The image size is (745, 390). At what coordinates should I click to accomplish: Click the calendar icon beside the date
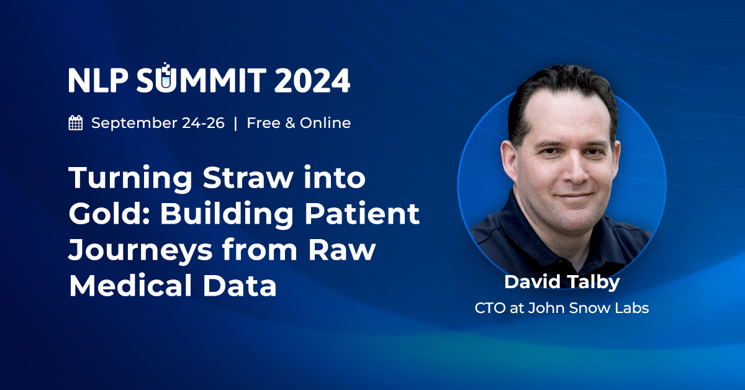click(x=76, y=123)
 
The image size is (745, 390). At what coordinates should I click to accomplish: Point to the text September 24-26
click(x=158, y=123)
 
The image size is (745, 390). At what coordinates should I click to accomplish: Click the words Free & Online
click(x=299, y=123)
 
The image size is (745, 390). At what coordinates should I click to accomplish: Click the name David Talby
click(x=562, y=281)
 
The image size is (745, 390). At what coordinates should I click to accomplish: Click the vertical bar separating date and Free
click(x=235, y=123)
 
